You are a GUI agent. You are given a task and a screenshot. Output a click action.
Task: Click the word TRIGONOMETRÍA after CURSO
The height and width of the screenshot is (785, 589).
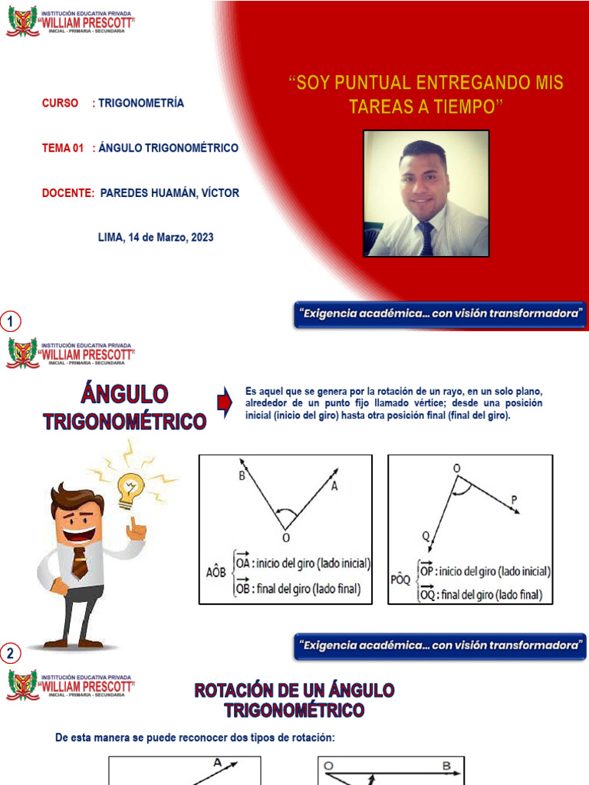(141, 103)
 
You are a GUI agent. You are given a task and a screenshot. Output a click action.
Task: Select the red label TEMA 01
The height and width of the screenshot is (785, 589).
(62, 148)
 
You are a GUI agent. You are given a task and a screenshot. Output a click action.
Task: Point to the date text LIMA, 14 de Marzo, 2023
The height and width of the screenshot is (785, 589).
(156, 238)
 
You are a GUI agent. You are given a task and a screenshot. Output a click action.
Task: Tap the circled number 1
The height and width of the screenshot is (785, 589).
(11, 321)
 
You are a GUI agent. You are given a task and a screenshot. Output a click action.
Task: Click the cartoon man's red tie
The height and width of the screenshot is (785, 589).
(79, 563)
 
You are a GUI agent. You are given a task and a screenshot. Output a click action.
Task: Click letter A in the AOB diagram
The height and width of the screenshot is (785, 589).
(334, 486)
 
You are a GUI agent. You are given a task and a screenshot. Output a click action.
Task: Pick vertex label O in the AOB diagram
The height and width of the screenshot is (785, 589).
(286, 537)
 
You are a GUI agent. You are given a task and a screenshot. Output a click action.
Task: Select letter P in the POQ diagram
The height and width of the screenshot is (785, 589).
(514, 499)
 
